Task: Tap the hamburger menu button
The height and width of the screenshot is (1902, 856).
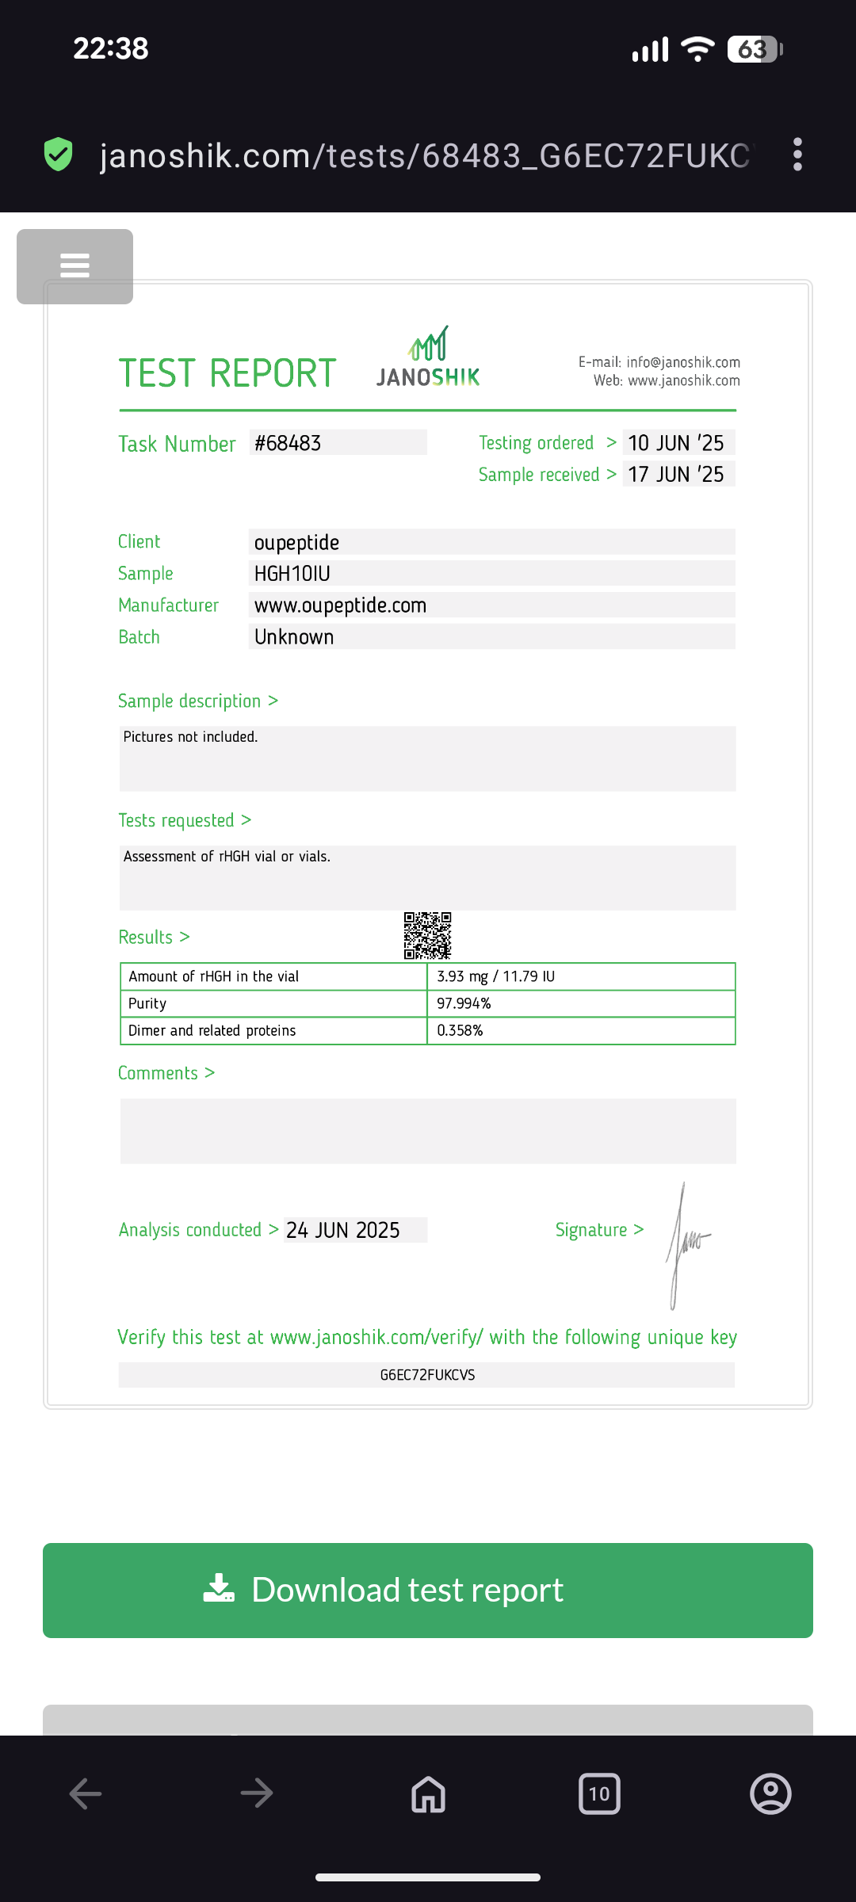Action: click(x=75, y=265)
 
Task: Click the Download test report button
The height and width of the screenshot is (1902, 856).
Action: click(x=428, y=1591)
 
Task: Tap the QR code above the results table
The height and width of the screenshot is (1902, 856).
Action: click(x=427, y=935)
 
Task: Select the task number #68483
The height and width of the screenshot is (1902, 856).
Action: click(x=288, y=443)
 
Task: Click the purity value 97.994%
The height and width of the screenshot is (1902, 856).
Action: click(x=464, y=1003)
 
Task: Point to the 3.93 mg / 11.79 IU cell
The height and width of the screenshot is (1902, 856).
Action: click(x=495, y=976)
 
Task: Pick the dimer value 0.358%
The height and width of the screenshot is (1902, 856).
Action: click(x=460, y=1030)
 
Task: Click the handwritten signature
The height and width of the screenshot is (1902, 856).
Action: click(x=686, y=1244)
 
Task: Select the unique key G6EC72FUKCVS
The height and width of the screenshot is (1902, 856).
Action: click(x=427, y=1375)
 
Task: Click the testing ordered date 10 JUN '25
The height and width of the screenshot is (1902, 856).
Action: click(x=676, y=443)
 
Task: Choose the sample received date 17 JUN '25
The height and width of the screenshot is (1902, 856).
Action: click(x=676, y=475)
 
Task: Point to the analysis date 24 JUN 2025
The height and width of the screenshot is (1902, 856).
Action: click(x=343, y=1230)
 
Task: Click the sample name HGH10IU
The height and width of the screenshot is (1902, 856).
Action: click(x=292, y=574)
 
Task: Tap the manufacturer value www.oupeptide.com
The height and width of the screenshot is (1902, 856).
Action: click(x=340, y=605)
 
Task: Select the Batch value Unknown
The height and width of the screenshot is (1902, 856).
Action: click(x=294, y=637)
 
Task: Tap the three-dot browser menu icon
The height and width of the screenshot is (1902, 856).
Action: click(x=797, y=155)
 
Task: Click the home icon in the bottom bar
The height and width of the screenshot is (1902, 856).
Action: click(x=428, y=1793)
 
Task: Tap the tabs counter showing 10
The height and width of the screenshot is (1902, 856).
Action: click(x=599, y=1793)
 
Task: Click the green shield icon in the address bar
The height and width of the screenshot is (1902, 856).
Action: click(x=59, y=155)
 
